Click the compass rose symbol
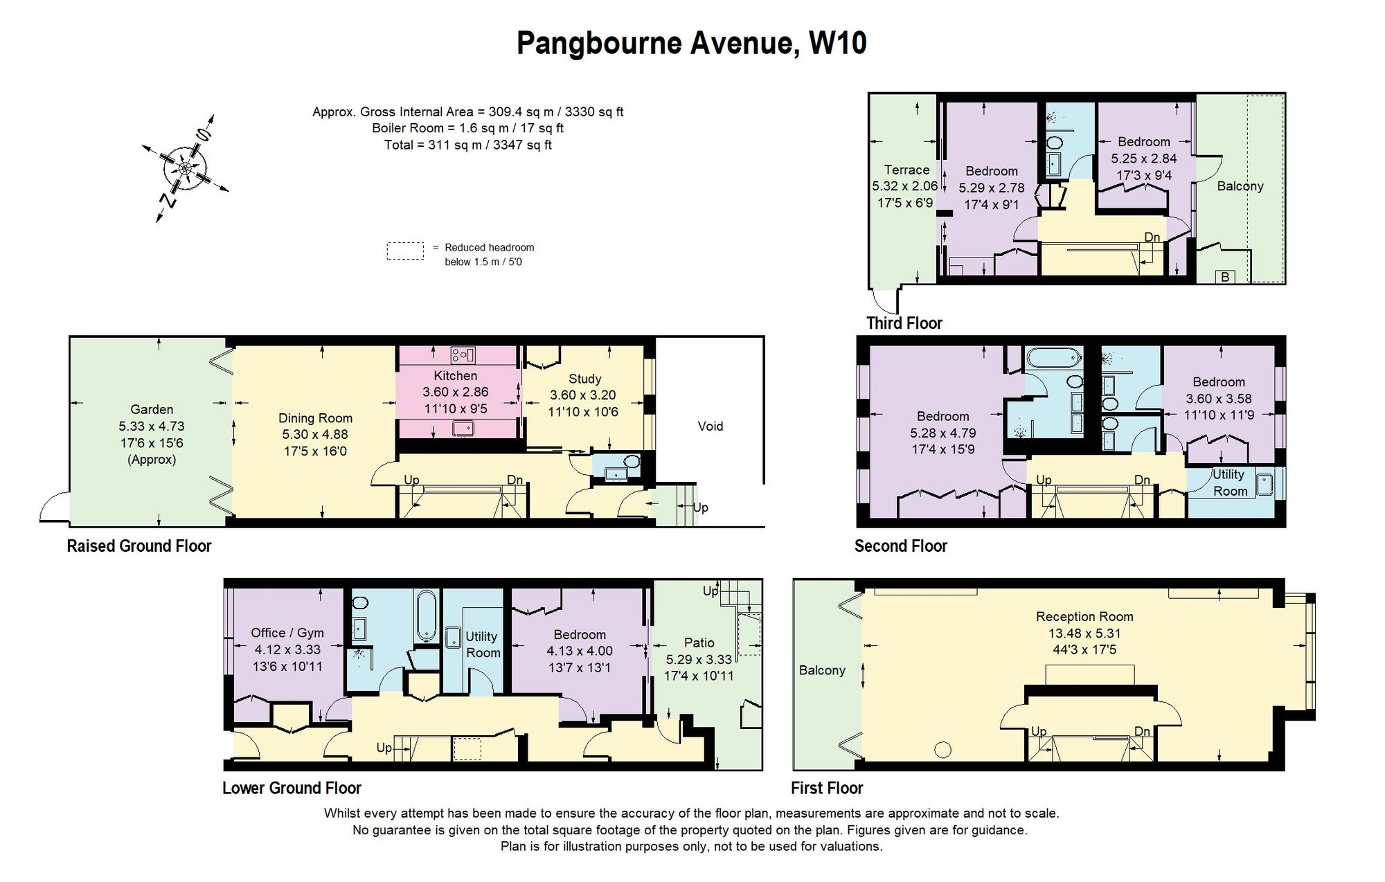(185, 168)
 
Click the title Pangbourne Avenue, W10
(691, 43)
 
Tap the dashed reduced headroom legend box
(405, 251)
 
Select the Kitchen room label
(455, 375)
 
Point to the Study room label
(584, 379)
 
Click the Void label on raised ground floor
(710, 426)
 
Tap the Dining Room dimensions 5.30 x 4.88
(315, 434)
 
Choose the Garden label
(152, 409)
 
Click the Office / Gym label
(287, 633)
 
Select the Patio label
(699, 642)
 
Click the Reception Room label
(1084, 616)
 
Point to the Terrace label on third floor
(906, 170)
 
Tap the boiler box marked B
(1225, 277)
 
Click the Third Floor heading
(904, 323)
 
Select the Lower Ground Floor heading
(292, 788)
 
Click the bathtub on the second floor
(1053, 358)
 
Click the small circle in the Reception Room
(942, 749)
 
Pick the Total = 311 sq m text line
(468, 145)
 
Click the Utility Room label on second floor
(1229, 483)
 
